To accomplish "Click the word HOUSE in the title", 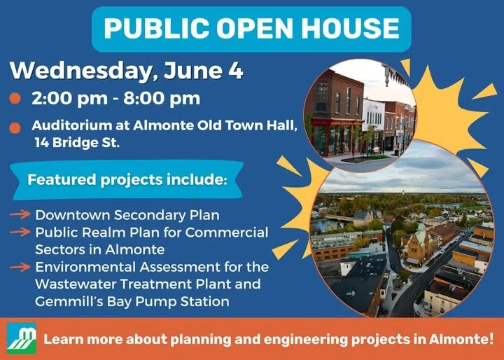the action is pos(350,28).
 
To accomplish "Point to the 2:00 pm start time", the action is pos(70,99).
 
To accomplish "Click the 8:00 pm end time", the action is pos(162,99).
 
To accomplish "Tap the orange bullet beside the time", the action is pos(15,98).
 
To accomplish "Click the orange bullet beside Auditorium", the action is pos(15,127).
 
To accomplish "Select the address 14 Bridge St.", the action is pos(77,142).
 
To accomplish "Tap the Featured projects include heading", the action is pos(127,179).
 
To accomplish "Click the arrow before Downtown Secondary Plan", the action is pos(20,214).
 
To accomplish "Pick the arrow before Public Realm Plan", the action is pos(20,232).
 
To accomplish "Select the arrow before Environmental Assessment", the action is pos(20,267).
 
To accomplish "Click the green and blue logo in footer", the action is pos(22,338).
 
